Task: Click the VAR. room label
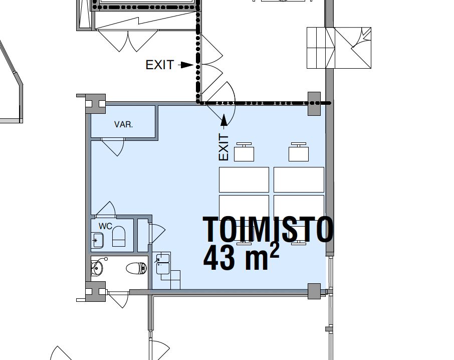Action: [x=124, y=124]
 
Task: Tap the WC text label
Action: [x=105, y=226]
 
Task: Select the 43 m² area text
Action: [x=241, y=257]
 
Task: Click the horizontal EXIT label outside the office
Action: [x=159, y=65]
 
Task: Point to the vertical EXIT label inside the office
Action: [x=224, y=147]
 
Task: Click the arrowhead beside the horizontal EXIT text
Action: [x=187, y=65]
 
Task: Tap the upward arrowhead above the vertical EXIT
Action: [x=224, y=119]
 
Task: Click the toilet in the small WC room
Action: [x=119, y=236]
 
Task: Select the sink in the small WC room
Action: [x=97, y=240]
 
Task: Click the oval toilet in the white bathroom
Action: [x=136, y=268]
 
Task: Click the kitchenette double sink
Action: [x=163, y=263]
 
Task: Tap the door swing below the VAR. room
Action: [x=113, y=147]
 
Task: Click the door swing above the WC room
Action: [x=106, y=209]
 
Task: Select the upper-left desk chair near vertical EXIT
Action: [x=244, y=152]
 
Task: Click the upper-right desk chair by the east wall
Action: [x=299, y=152]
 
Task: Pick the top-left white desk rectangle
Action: [x=244, y=179]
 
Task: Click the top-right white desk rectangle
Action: [x=299, y=179]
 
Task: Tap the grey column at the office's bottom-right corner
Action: [x=314, y=291]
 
